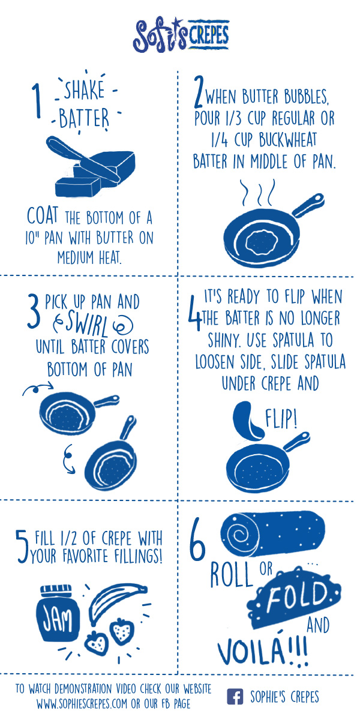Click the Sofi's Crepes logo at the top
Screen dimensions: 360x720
click(x=181, y=35)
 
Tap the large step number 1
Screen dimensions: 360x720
click(x=37, y=101)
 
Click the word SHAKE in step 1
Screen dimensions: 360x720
click(x=85, y=90)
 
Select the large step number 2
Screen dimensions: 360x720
click(x=199, y=91)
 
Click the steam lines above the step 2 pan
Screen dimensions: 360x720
click(x=259, y=193)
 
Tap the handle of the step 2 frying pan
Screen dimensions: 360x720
click(x=308, y=205)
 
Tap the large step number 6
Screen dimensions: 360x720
click(x=197, y=536)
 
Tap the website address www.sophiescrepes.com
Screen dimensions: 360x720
click(x=82, y=703)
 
